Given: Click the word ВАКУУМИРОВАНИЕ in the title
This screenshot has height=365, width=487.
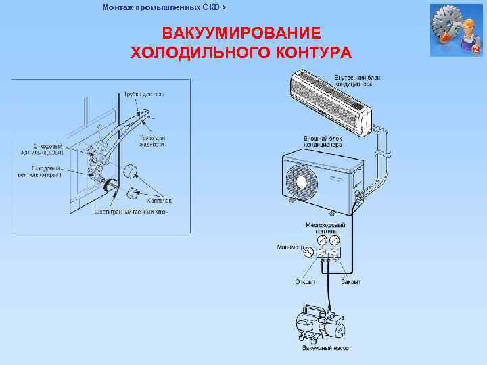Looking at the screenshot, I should click(241, 34).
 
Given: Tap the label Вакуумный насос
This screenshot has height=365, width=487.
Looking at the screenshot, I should click(325, 349).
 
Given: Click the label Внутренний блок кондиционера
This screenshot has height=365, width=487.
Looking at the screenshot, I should click(357, 81).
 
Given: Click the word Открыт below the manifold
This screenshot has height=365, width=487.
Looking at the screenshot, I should click(305, 281).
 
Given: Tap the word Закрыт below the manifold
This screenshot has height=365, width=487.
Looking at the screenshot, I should click(351, 281).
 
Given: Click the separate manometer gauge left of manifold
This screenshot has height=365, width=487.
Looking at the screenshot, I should click(309, 251).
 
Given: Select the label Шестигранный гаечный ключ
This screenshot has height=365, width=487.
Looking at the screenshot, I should click(131, 212).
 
